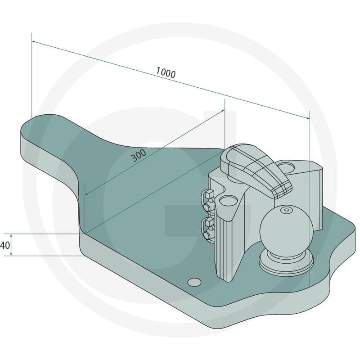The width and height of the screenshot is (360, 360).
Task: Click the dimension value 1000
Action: (x=166, y=72)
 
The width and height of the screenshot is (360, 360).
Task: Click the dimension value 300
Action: (x=139, y=155)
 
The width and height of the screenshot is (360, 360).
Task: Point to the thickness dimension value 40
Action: (x=5, y=245)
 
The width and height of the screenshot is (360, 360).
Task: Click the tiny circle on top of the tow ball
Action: (x=286, y=210)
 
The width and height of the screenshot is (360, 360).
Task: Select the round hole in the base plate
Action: (x=194, y=282)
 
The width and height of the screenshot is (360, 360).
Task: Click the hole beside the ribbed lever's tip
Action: (x=286, y=166)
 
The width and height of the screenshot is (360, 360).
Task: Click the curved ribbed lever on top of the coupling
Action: (x=255, y=170)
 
